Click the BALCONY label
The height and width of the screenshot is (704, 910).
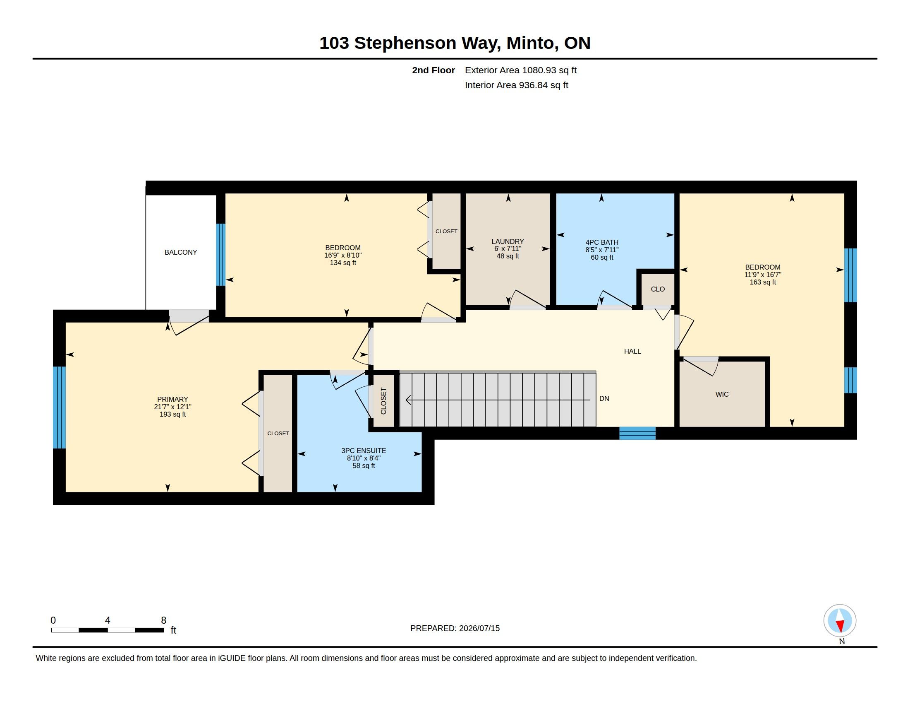180,252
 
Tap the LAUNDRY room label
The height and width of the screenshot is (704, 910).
508,241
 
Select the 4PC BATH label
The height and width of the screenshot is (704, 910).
602,242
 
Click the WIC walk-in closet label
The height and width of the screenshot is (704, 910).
722,394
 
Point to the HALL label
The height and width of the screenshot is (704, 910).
632,351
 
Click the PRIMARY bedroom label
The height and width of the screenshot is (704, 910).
172,399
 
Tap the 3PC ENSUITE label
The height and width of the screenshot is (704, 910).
364,451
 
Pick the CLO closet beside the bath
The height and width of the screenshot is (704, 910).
658,289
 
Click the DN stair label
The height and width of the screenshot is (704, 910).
604,398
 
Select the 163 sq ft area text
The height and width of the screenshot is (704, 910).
763,282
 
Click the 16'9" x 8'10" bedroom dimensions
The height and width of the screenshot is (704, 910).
343,255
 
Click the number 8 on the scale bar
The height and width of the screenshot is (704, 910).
164,620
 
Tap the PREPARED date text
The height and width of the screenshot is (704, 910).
455,628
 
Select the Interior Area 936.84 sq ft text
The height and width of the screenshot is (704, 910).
516,85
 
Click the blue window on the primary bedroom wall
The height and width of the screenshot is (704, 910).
59,407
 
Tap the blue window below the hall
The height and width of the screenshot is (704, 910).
637,433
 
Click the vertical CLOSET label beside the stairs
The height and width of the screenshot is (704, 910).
384,401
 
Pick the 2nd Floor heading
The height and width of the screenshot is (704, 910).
433,70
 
